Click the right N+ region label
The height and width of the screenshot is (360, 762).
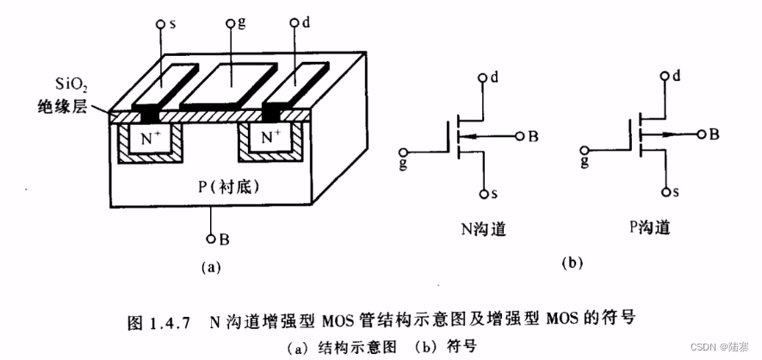271,137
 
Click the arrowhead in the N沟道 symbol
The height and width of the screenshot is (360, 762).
462,136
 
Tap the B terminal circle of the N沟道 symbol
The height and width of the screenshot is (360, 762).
520,136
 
